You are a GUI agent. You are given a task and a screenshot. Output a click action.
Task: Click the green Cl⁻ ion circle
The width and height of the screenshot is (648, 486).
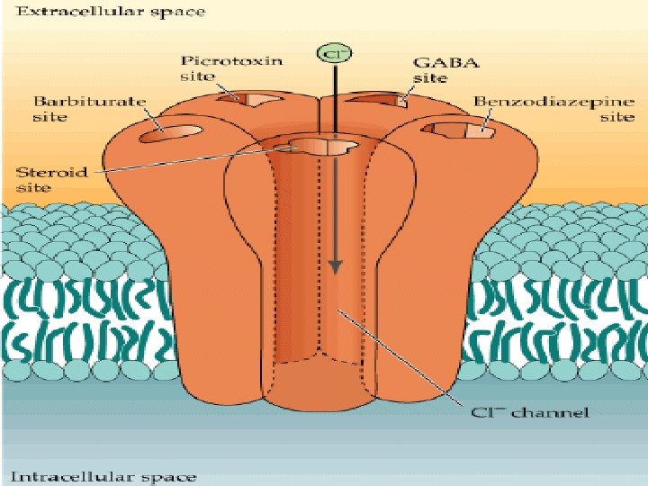(329, 53)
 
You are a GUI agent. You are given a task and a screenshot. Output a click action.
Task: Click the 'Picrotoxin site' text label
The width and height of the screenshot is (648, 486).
(231, 68)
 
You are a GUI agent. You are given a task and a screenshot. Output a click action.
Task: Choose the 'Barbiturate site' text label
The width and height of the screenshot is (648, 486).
(89, 109)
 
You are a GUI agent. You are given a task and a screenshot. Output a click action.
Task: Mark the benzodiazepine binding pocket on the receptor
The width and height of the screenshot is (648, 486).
(463, 130)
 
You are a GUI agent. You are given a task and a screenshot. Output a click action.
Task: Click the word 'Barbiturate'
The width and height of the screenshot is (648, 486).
(89, 101)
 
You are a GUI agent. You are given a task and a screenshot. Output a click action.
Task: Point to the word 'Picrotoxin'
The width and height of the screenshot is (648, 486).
(231, 60)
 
